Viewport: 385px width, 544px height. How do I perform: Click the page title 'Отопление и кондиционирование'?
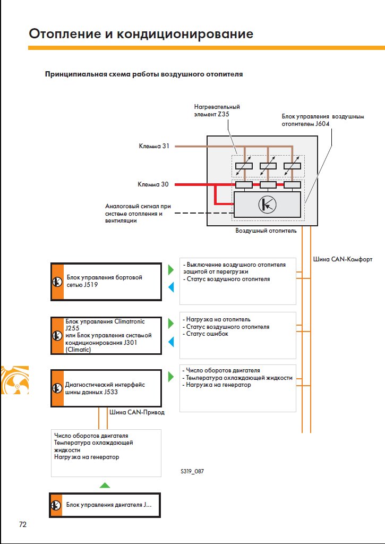pos(141,34)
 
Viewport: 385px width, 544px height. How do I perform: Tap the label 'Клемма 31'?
pos(154,146)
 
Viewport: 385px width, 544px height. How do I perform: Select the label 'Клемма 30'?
pos(153,184)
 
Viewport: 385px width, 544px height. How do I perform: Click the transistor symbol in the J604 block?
pos(268,205)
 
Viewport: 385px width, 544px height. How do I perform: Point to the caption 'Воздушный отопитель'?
pos(266,231)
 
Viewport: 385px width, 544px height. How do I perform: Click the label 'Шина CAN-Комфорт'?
pos(343,259)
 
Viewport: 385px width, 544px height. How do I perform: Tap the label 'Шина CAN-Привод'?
pos(137,412)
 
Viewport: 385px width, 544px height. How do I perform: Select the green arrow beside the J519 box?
pos(170,269)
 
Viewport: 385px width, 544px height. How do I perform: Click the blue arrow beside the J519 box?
pos(170,287)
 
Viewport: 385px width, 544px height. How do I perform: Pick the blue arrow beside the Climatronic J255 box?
pos(170,342)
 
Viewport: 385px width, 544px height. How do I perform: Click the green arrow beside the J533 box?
pos(170,377)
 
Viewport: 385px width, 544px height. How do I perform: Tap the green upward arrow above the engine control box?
pos(105,485)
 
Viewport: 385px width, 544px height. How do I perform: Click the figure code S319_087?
pos(192,472)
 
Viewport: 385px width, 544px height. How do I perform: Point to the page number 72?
pos(22,524)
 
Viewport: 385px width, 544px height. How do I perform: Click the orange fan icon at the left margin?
pos(14,380)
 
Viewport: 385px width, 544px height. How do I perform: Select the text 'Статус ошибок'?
pos(207,334)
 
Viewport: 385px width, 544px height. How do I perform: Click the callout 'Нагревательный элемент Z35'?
pos(217,110)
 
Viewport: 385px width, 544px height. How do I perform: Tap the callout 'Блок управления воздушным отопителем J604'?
pos(323,120)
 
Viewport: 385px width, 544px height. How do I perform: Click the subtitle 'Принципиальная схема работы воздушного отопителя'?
pos(144,74)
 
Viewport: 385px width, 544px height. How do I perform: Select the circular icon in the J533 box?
pos(57,388)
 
